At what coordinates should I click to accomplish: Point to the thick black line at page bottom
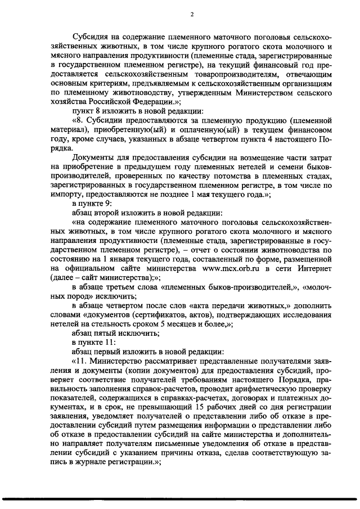click(180, 499)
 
